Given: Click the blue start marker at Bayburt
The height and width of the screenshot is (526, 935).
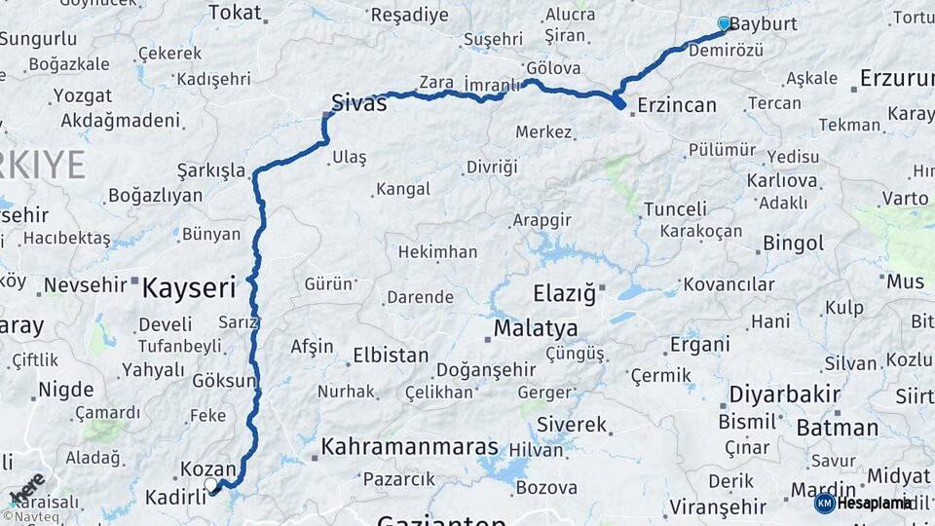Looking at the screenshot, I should coord(724,22).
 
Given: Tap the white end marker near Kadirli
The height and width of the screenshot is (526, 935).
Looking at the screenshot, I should coord(211,484).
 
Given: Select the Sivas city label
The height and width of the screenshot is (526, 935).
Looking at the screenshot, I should coord(358,102).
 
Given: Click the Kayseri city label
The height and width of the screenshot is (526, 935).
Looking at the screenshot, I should coord(190,287).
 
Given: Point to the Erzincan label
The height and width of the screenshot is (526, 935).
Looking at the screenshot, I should coord(677,105).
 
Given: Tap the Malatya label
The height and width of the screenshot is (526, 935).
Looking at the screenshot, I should coord(535,328).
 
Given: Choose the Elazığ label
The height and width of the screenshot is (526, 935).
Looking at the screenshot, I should coord(563,292).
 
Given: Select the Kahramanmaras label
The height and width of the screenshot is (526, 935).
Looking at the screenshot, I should coord(409,447).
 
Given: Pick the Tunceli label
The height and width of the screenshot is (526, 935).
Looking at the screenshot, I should coord(675,208).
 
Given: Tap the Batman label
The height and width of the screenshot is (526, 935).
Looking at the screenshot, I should coord(837,428).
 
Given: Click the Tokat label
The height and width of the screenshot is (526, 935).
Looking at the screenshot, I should coord(235,13).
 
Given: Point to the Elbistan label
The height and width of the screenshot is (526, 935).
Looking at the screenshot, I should coord(390,355).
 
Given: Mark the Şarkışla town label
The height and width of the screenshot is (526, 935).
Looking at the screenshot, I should coord(210,170).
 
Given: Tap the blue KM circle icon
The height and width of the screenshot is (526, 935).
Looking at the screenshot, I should coord(824,503).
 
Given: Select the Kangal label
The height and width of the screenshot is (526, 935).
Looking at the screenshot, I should coord(402,188).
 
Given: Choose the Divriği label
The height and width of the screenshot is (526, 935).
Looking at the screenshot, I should coord(491,167).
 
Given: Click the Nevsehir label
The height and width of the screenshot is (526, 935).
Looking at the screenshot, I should coord(87,285).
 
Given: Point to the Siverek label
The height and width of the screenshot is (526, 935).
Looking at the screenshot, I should coord(572,426).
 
